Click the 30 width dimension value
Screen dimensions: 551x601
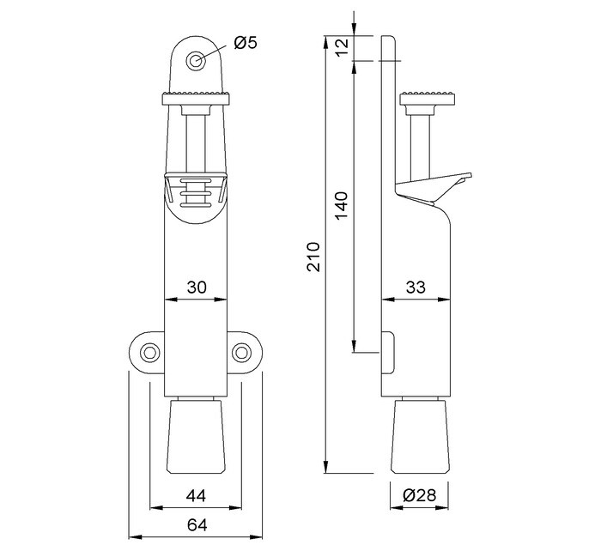(197, 288)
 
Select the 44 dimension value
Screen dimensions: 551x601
(197, 494)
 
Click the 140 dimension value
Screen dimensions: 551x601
(342, 206)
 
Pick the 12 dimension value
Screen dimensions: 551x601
(342, 48)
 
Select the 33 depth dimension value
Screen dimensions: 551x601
(416, 288)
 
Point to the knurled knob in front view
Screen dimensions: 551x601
(197, 96)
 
